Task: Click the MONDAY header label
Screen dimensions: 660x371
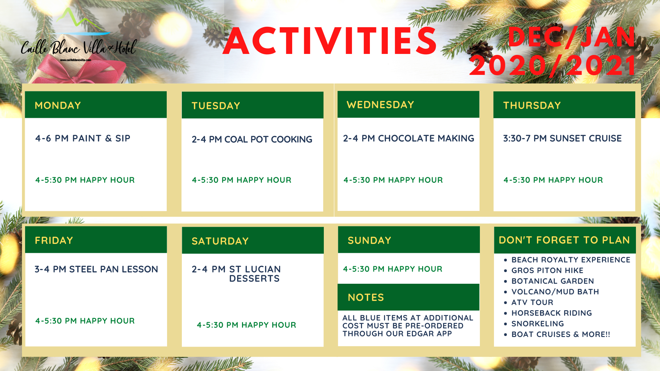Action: click(x=58, y=105)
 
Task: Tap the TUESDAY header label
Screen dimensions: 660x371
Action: click(x=216, y=106)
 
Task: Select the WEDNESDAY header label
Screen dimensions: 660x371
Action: click(x=380, y=105)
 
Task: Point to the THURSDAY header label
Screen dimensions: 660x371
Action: click(x=532, y=105)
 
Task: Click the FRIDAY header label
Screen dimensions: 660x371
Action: click(x=54, y=240)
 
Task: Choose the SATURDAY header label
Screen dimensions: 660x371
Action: click(x=220, y=241)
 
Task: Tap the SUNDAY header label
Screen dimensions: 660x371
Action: click(x=370, y=240)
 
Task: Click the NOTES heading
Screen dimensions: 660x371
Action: click(x=366, y=297)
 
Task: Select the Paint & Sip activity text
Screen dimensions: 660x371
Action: click(x=83, y=138)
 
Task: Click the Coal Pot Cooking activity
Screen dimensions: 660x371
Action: click(x=252, y=139)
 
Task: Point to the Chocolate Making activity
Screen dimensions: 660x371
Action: click(x=409, y=138)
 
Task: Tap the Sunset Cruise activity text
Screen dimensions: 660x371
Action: click(x=562, y=138)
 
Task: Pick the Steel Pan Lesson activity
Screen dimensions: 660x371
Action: click(x=96, y=269)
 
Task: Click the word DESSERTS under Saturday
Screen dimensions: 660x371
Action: click(x=254, y=279)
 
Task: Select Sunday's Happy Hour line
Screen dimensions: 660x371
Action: click(x=393, y=269)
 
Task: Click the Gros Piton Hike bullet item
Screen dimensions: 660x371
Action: click(x=547, y=271)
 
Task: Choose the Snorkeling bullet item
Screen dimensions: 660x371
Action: click(x=538, y=324)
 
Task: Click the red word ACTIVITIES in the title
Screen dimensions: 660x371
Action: click(x=330, y=41)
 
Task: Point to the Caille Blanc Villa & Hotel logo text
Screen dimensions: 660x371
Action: click(x=79, y=47)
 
